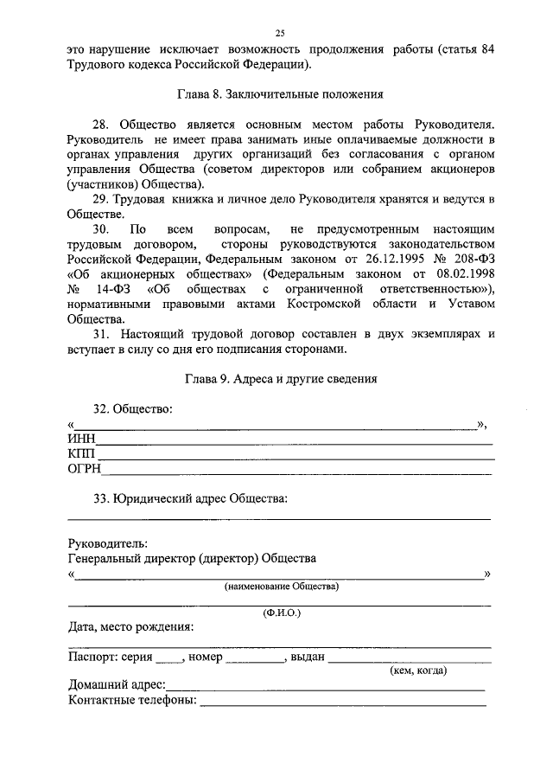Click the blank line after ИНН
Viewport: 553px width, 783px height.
coord(294,442)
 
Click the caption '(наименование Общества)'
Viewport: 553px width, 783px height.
coord(282,586)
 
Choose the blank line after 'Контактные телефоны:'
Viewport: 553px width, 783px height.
coord(342,702)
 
